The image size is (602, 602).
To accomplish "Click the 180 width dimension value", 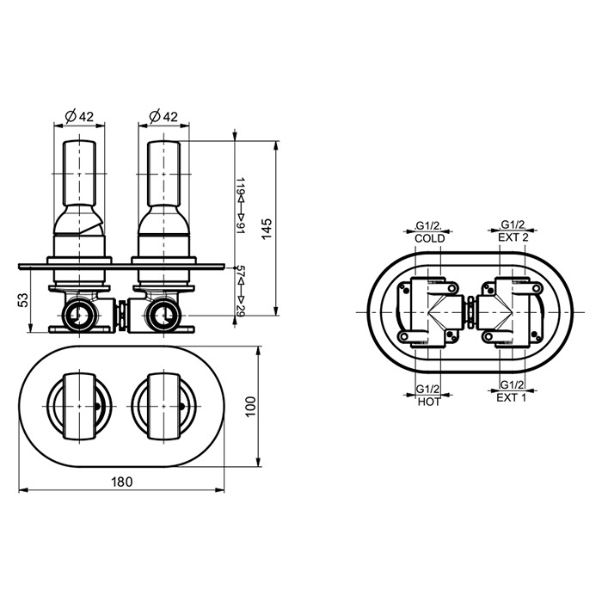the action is point(122,482).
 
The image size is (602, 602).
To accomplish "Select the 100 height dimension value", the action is point(250,407).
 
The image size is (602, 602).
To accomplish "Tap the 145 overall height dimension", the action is point(267,229).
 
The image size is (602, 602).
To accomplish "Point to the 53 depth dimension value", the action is point(23,300).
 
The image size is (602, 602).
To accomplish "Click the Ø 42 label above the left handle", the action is point(79,116).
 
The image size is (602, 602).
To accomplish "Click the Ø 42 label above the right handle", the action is point(163,116).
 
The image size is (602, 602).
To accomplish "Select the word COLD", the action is point(430,238).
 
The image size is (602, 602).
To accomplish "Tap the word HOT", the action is point(429,402).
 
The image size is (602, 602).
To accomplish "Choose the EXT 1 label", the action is point(512,397).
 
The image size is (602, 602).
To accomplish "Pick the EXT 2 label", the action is point(513,237).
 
